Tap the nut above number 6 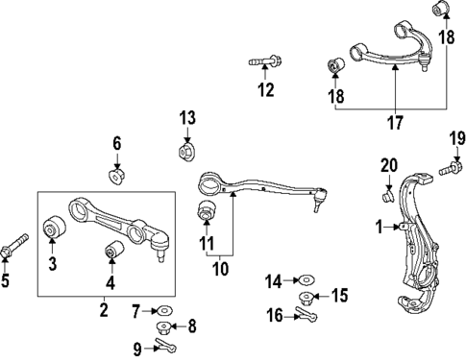(x=116, y=176)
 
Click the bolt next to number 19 (x=446, y=171)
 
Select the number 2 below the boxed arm (x=103, y=309)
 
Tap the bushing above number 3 (x=55, y=229)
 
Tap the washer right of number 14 (x=305, y=281)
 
